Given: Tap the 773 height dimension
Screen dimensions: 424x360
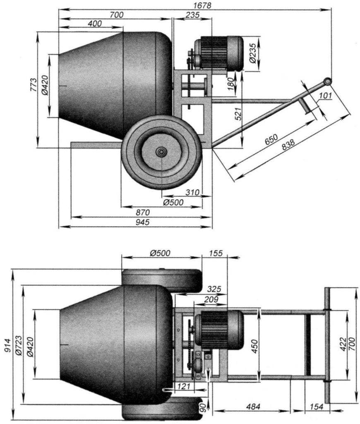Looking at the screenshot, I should (34, 85).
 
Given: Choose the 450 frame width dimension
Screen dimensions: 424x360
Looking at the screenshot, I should (254, 344).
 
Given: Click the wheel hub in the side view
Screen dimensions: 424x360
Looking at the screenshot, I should (161, 152).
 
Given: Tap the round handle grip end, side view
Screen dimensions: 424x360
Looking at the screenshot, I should (327, 81).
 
